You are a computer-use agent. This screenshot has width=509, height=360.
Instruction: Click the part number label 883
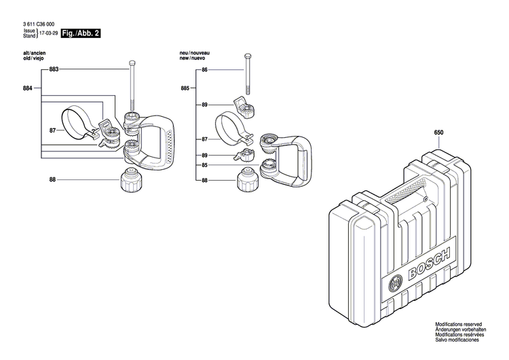pos(54,70)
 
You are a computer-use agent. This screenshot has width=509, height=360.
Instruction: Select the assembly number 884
pos(28,88)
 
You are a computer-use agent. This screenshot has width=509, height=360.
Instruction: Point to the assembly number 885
pos(185,88)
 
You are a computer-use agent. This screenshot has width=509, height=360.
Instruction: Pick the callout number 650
pos(438,134)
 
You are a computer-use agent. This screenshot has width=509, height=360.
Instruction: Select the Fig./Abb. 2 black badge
pos(80,32)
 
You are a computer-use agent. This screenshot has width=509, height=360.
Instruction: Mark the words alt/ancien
pos(35,53)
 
